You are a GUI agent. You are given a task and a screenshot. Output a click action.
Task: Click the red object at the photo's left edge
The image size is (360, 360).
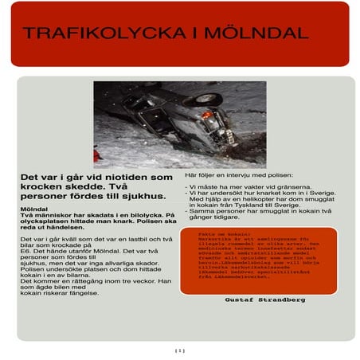coord(97,154)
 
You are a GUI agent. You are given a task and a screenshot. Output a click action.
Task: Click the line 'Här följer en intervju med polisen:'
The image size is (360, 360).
coord(239,174)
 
